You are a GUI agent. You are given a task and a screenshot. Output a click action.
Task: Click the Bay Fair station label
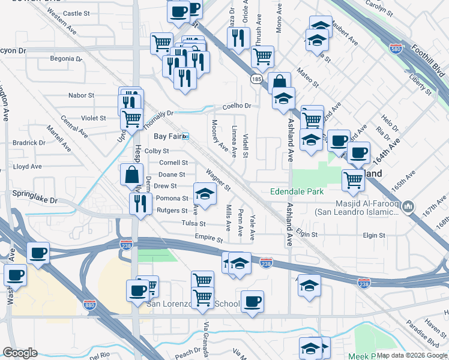(167, 136)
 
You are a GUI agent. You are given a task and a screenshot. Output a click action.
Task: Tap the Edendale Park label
(297, 192)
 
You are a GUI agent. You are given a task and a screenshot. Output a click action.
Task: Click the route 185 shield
(257, 79)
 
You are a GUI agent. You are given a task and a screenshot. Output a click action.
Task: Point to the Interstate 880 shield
(90, 305)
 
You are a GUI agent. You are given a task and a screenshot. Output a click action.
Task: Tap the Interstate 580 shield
(396, 48)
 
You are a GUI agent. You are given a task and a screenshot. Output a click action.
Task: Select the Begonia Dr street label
(66, 59)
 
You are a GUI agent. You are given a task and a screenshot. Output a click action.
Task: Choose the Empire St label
(209, 238)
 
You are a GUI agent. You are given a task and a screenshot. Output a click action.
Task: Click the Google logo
(20, 353)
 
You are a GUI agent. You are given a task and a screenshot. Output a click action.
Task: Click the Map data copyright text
(412, 355)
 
